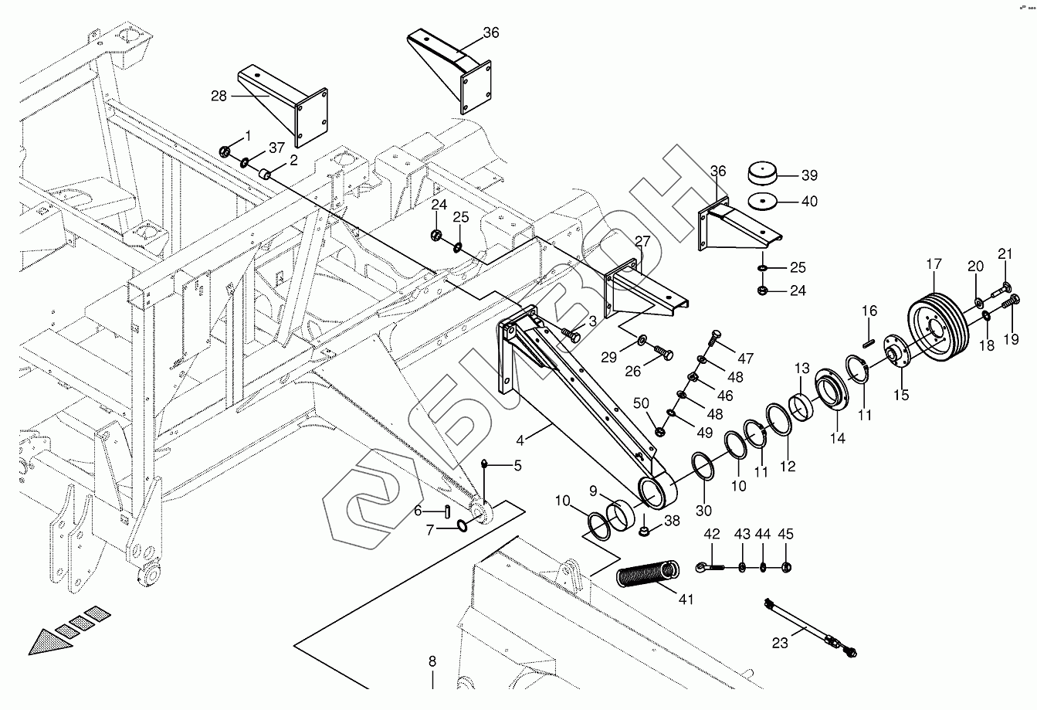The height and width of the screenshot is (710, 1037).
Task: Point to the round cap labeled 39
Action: click(762, 172)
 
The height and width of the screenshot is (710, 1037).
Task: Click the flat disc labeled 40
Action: click(762, 201)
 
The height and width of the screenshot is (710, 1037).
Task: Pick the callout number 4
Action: click(521, 440)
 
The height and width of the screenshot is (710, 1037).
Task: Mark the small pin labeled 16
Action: click(867, 335)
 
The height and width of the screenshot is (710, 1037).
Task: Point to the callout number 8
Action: click(432, 661)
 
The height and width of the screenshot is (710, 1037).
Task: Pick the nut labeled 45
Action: click(785, 568)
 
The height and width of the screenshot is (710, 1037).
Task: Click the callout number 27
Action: click(642, 241)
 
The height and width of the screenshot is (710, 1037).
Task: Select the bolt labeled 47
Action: click(713, 338)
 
